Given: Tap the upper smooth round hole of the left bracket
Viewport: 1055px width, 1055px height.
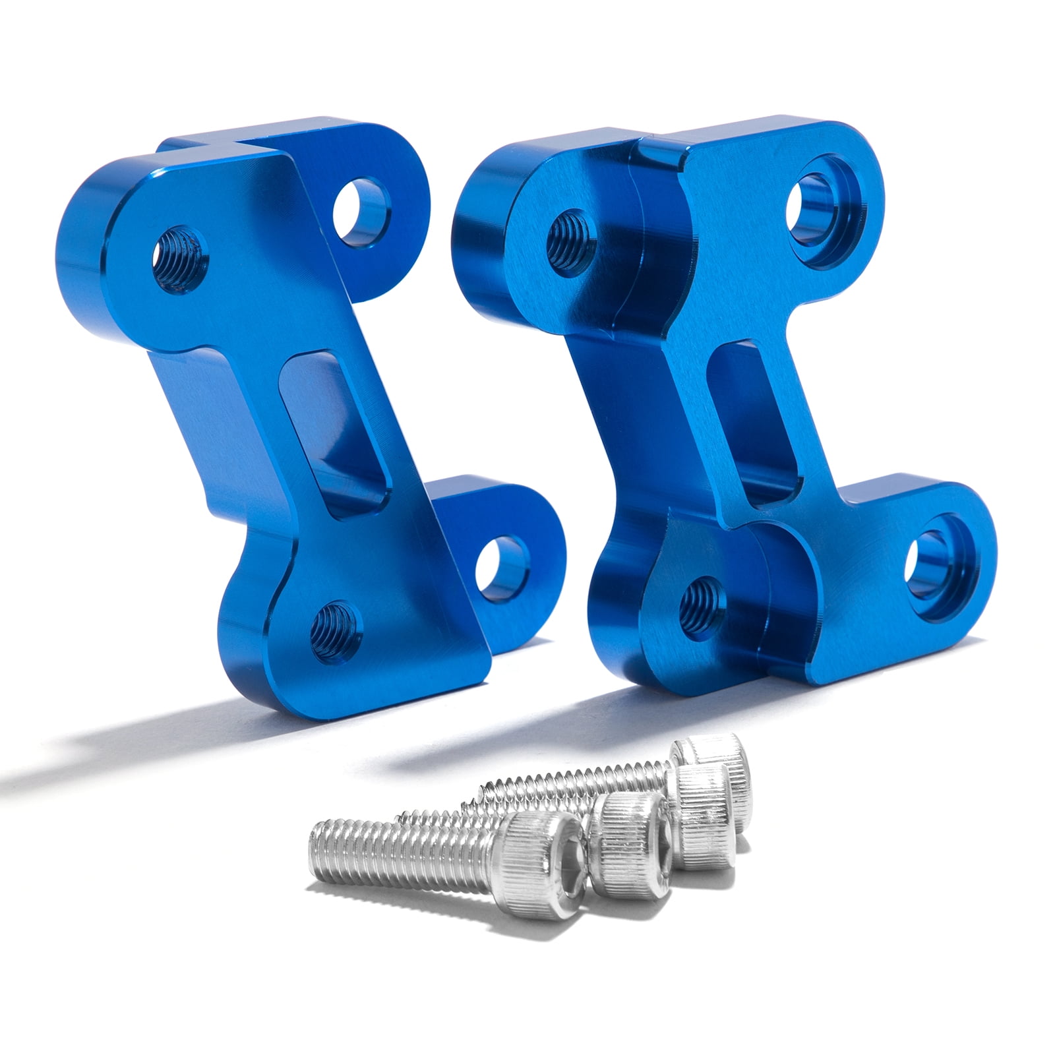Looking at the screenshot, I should point(361,208).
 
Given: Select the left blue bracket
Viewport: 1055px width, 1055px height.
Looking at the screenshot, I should point(264,396).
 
